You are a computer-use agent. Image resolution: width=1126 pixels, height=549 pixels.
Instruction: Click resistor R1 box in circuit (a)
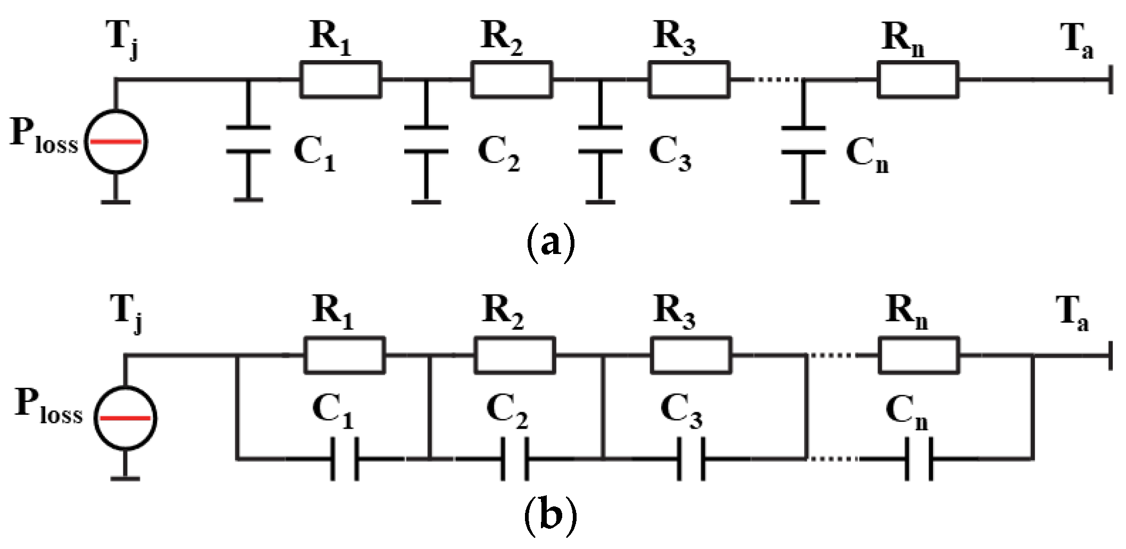(340, 80)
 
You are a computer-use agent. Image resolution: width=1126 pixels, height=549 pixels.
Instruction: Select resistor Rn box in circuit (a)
(918, 80)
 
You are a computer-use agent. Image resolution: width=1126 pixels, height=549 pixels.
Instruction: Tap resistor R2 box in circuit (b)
(514, 355)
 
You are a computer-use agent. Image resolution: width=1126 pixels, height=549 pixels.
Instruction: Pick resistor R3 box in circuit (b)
(691, 355)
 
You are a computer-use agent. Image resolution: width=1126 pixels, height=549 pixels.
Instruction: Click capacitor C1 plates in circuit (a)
(248, 140)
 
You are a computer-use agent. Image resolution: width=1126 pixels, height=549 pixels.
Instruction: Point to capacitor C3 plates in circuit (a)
(600, 140)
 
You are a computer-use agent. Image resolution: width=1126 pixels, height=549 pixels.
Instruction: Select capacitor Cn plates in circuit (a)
(804, 140)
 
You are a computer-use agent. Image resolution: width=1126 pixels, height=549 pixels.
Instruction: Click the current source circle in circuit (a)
(116, 142)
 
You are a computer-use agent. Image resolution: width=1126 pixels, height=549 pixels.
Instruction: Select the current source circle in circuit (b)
(126, 417)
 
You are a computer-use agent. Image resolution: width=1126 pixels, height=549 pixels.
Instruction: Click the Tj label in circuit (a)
(125, 42)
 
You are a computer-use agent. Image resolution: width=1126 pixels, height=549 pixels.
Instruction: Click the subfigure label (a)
(550, 242)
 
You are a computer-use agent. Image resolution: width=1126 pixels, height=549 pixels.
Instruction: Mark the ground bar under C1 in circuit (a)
(248, 200)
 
